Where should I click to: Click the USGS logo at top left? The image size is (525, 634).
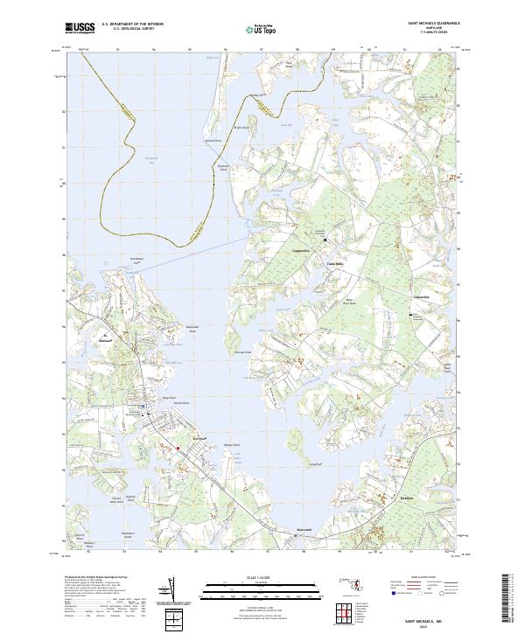(x=80, y=29)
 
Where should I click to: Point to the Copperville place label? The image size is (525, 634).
(x=302, y=249)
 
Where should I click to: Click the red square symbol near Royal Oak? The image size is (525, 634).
(x=179, y=449)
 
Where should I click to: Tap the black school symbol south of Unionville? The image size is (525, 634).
(x=412, y=313)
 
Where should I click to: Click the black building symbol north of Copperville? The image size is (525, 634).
(x=325, y=239)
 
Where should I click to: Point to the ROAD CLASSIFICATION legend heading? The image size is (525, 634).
(x=425, y=578)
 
